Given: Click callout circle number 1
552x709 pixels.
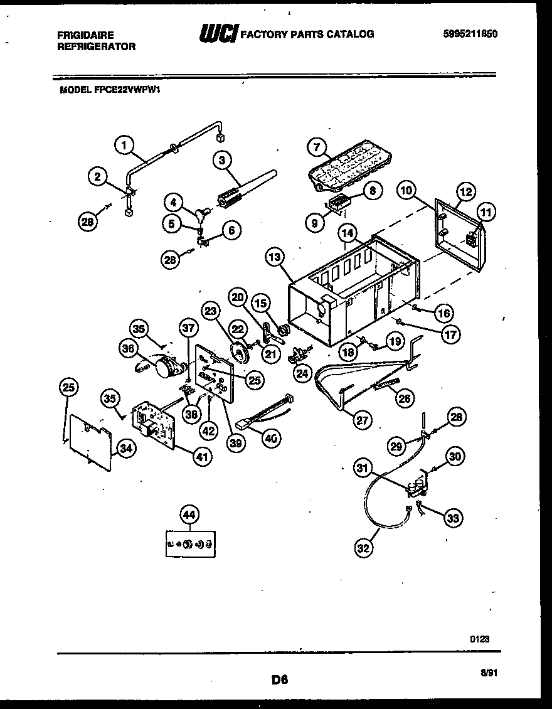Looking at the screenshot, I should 124,146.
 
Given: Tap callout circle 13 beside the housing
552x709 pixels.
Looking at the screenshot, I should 275,256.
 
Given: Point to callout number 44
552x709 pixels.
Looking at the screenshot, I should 188,514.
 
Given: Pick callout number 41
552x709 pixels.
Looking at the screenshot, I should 201,457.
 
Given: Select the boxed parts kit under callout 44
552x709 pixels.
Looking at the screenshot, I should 188,543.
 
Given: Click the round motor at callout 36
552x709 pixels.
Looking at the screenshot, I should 166,366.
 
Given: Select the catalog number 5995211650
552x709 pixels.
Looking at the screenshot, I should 470,35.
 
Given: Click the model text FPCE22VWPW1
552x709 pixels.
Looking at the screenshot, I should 110,90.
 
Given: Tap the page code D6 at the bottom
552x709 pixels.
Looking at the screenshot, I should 279,679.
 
